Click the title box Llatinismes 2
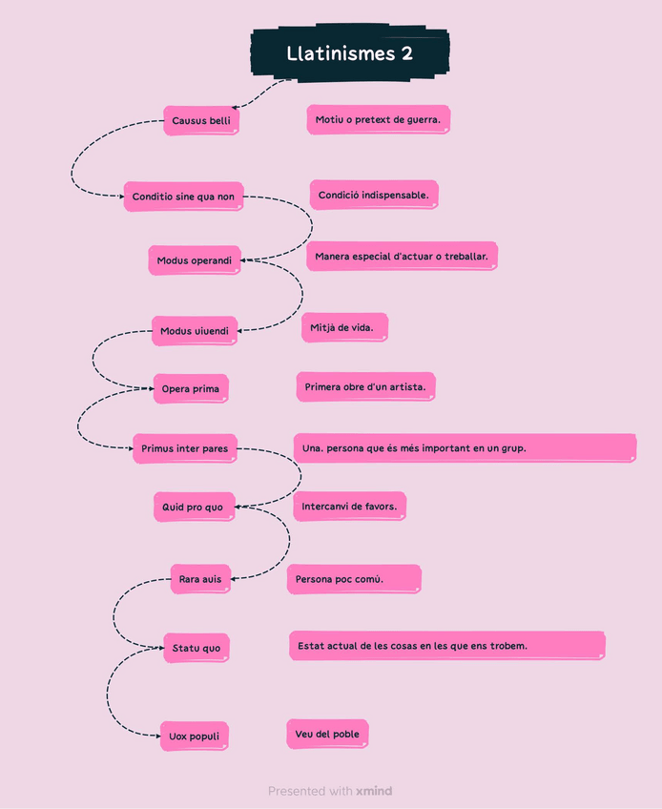pos(349,53)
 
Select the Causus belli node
pos(200,120)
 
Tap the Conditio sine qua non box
pos(183,197)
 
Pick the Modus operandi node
pos(195,259)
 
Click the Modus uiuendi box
pos(194,331)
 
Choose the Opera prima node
pos(191,388)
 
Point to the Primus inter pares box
pos(184,448)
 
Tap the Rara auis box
pos(200,579)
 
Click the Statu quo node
pos(196,648)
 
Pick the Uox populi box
pos(194,736)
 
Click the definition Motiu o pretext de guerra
pos(378,119)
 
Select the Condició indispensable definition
pos(373,195)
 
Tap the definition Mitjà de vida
pos(344,327)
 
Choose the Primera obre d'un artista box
pos(365,386)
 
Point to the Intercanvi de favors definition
pos(349,507)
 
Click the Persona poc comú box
pos(353,579)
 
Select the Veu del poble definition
pos(326,734)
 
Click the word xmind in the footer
pos(374,791)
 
